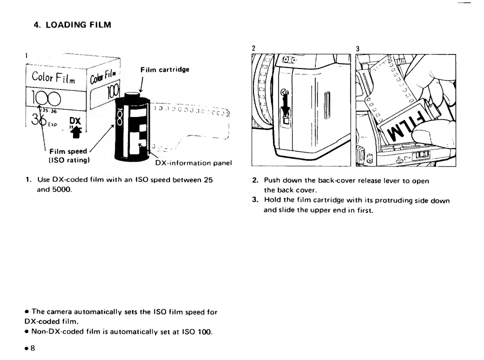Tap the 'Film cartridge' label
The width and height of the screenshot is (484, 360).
[165, 69]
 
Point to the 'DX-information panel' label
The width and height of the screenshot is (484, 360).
[193, 163]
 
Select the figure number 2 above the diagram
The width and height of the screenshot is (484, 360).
[253, 48]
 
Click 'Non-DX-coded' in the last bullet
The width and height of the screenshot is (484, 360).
[55, 331]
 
